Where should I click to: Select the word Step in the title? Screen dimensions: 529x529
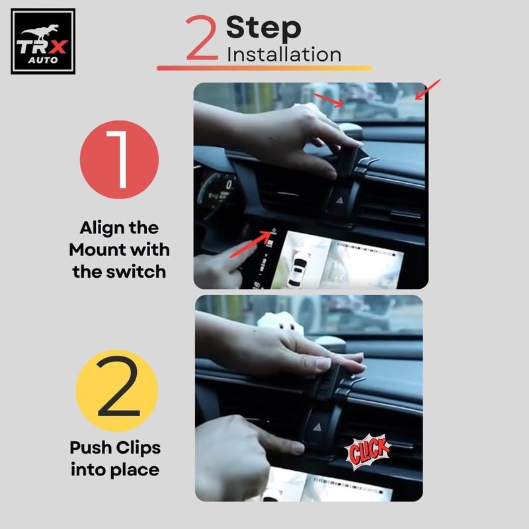point(263,28)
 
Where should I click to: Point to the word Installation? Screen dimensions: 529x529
point(284,54)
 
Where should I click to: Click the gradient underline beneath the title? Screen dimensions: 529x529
point(264,67)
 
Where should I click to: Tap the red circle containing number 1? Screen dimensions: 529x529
point(120,161)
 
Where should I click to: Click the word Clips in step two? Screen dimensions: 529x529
point(136,448)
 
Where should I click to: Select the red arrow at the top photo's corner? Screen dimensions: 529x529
point(427,88)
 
